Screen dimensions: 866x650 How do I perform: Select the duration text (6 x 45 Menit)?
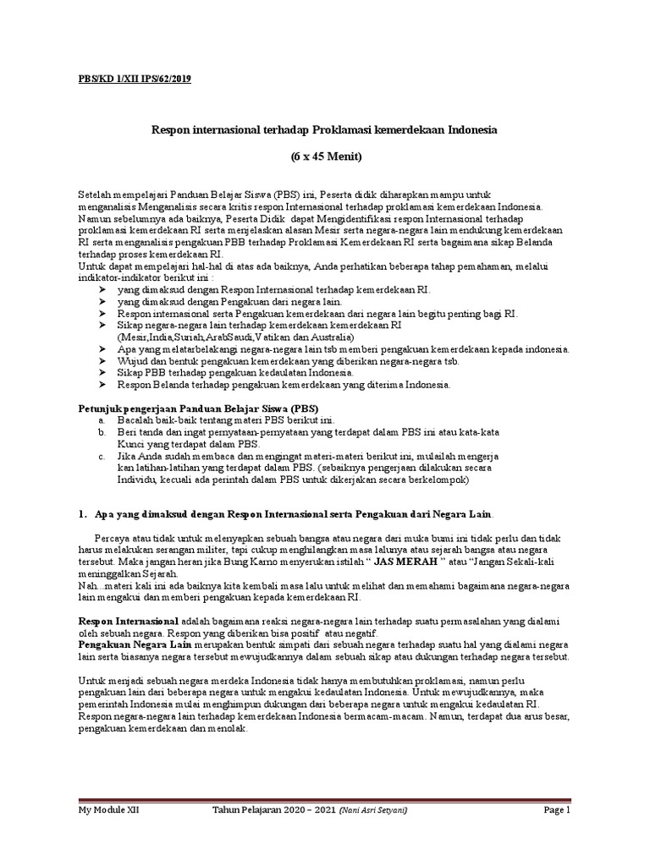[324, 157]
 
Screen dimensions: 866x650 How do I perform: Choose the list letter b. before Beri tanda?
[102, 431]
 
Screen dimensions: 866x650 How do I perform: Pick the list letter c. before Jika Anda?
[102, 455]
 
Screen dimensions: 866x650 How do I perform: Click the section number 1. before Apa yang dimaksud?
[83, 514]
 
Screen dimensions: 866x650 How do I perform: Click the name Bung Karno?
[240, 561]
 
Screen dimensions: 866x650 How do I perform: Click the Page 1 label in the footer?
[557, 810]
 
